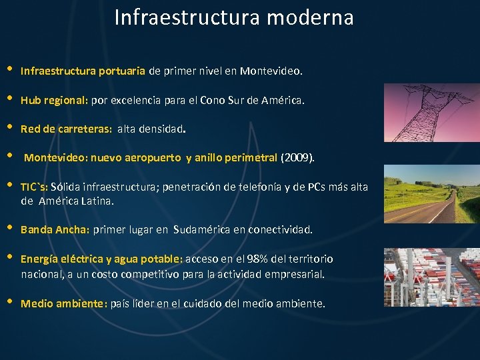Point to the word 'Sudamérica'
click(x=202, y=230)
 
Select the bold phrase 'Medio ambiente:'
click(x=64, y=304)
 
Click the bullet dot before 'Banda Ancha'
click(x=9, y=228)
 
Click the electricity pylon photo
click(x=431, y=113)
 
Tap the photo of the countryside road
click(x=431, y=194)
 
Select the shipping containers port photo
click(x=431, y=277)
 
